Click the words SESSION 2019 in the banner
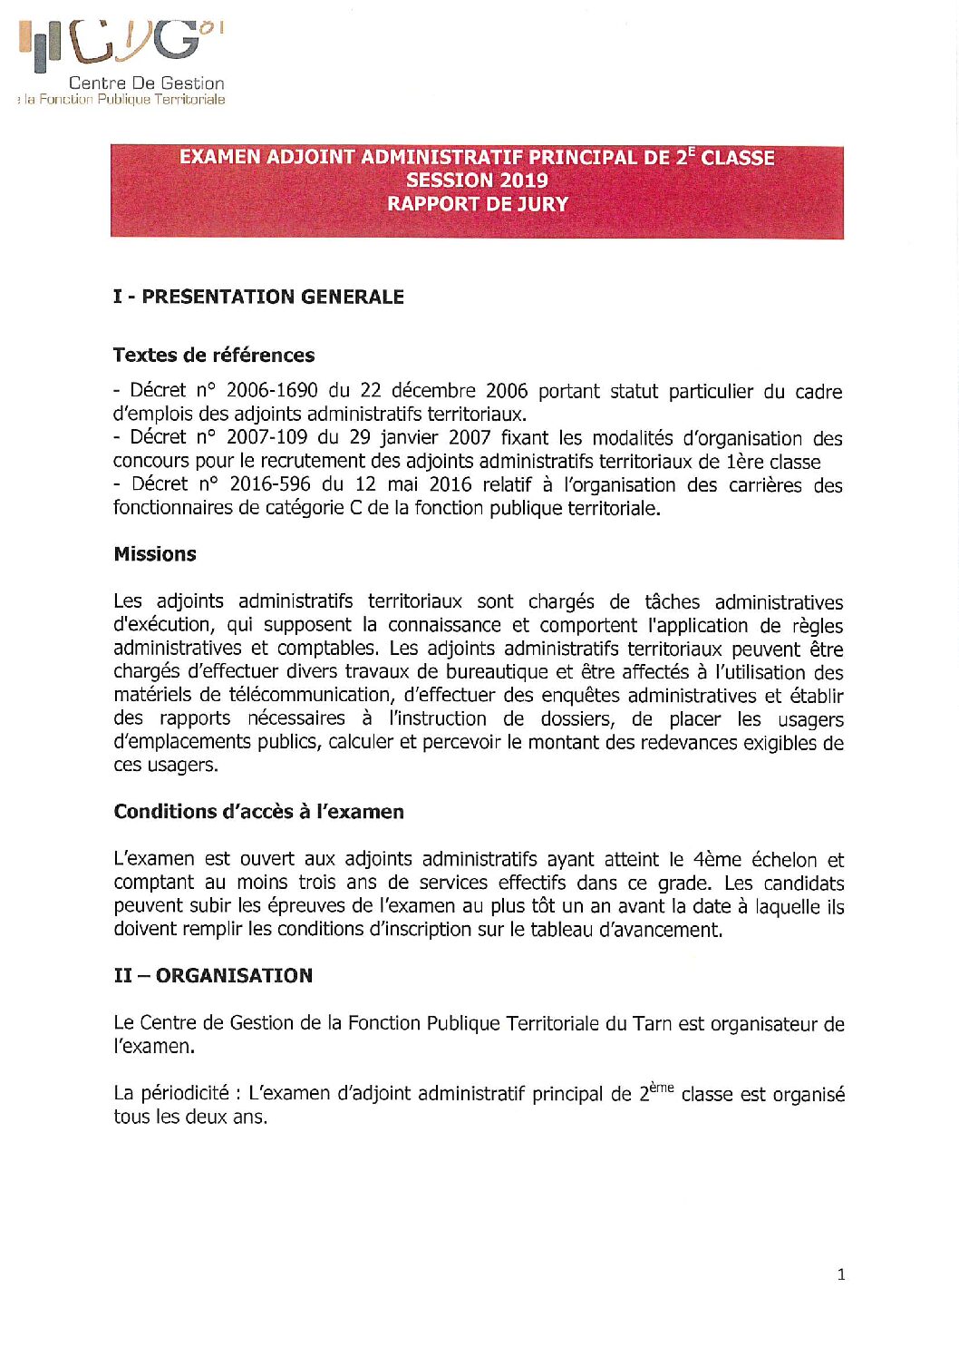click(477, 180)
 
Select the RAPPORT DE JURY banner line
click(477, 204)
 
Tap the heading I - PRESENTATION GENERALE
click(258, 297)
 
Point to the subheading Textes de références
click(214, 355)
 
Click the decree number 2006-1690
click(271, 390)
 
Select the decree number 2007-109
click(266, 437)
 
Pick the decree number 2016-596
click(269, 484)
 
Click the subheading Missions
click(155, 554)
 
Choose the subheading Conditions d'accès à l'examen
click(258, 812)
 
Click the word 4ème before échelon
click(717, 859)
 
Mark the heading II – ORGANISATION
click(213, 976)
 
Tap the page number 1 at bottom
click(841, 1274)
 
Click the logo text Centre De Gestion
click(147, 83)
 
